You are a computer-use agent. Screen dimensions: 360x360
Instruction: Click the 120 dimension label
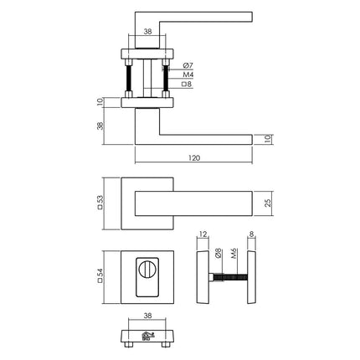[194, 157]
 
